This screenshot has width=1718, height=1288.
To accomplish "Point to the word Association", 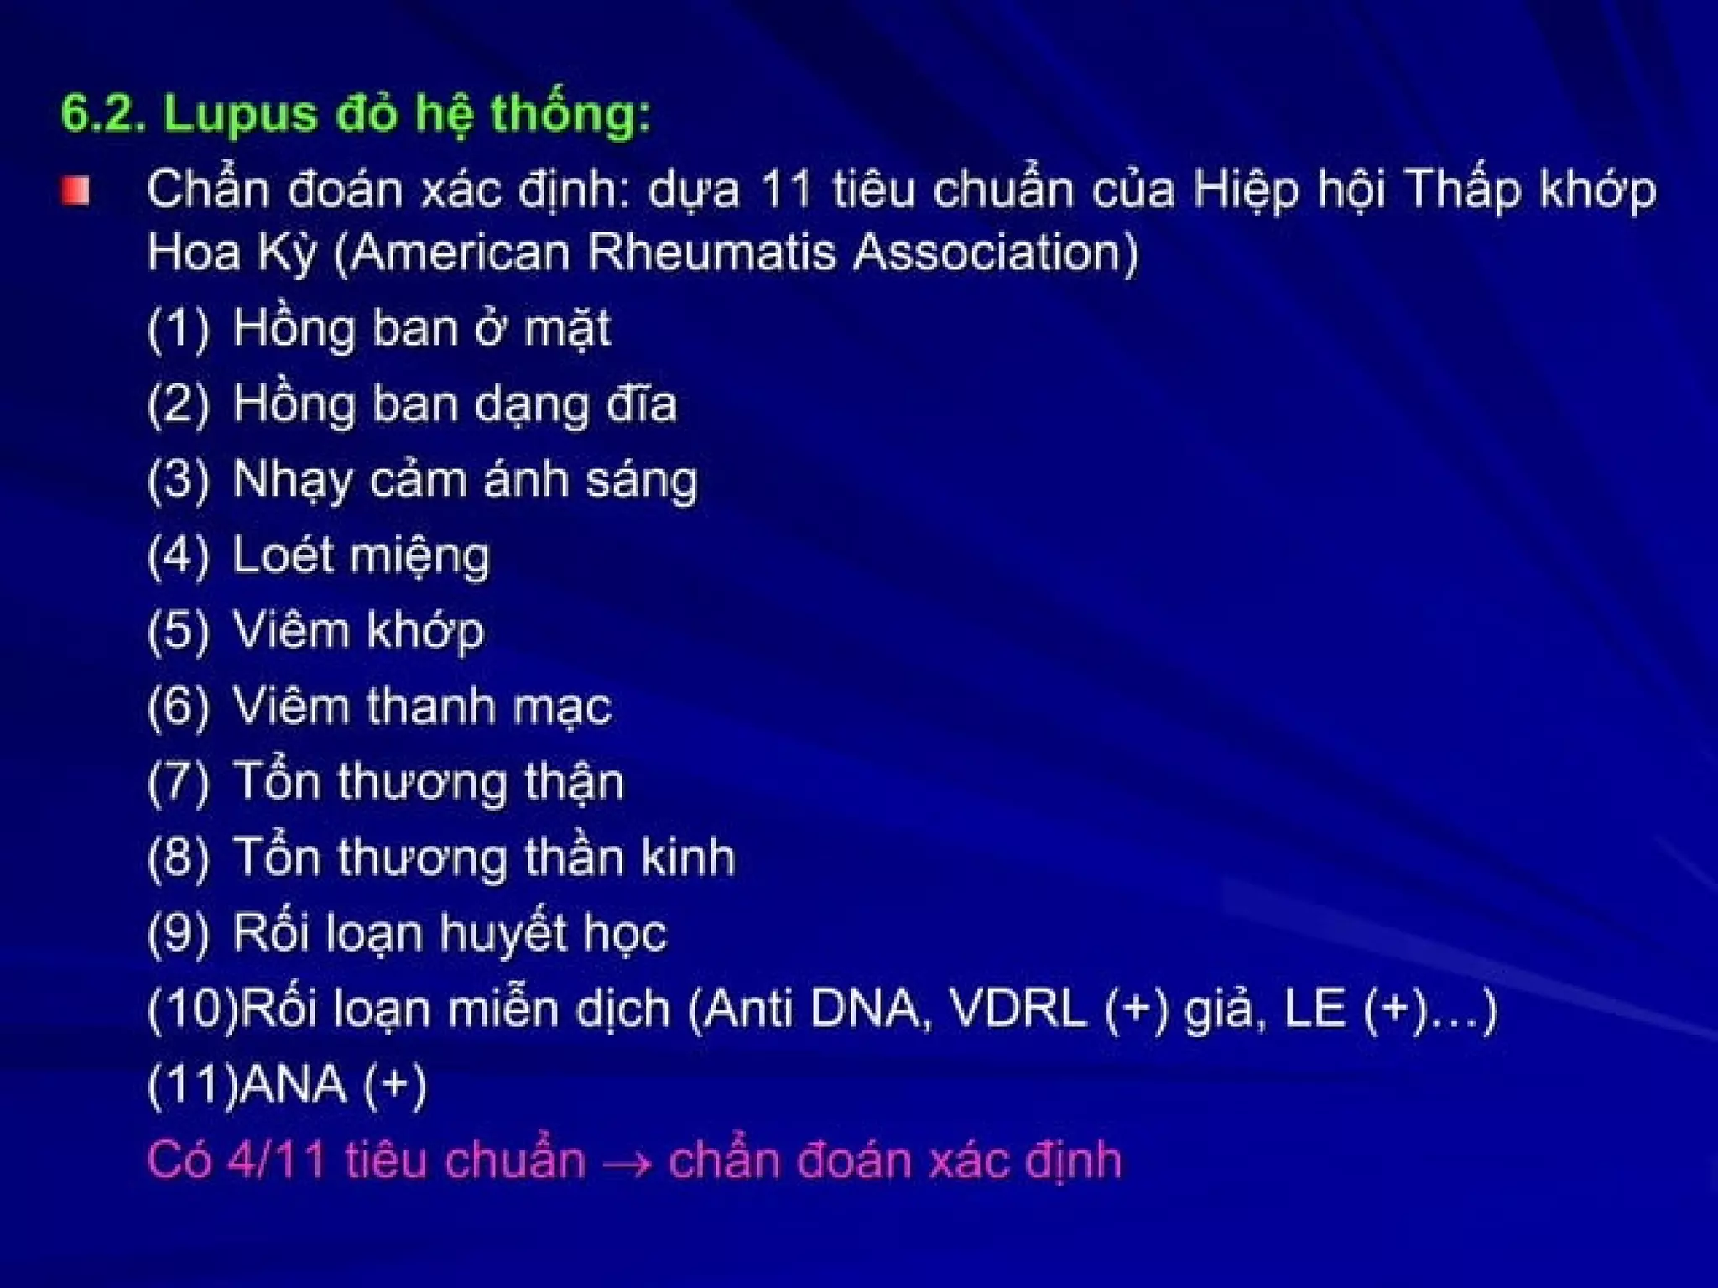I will (x=995, y=252).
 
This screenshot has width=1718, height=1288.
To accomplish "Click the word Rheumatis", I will (x=711, y=252).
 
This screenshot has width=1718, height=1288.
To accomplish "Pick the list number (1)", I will (x=178, y=328).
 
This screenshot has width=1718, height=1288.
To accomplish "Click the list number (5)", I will (x=178, y=631).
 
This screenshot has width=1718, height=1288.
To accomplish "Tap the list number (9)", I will (x=178, y=934).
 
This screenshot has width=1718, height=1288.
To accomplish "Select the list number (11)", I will (x=191, y=1084).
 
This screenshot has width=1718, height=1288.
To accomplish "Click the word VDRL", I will (x=1018, y=1009).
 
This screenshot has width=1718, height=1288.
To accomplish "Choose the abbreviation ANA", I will (x=293, y=1084).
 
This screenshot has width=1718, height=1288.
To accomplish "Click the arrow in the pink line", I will (x=627, y=1164).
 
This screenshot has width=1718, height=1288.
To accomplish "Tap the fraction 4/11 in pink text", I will (x=277, y=1160).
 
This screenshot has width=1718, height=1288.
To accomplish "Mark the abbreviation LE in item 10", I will (x=1314, y=1009).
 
